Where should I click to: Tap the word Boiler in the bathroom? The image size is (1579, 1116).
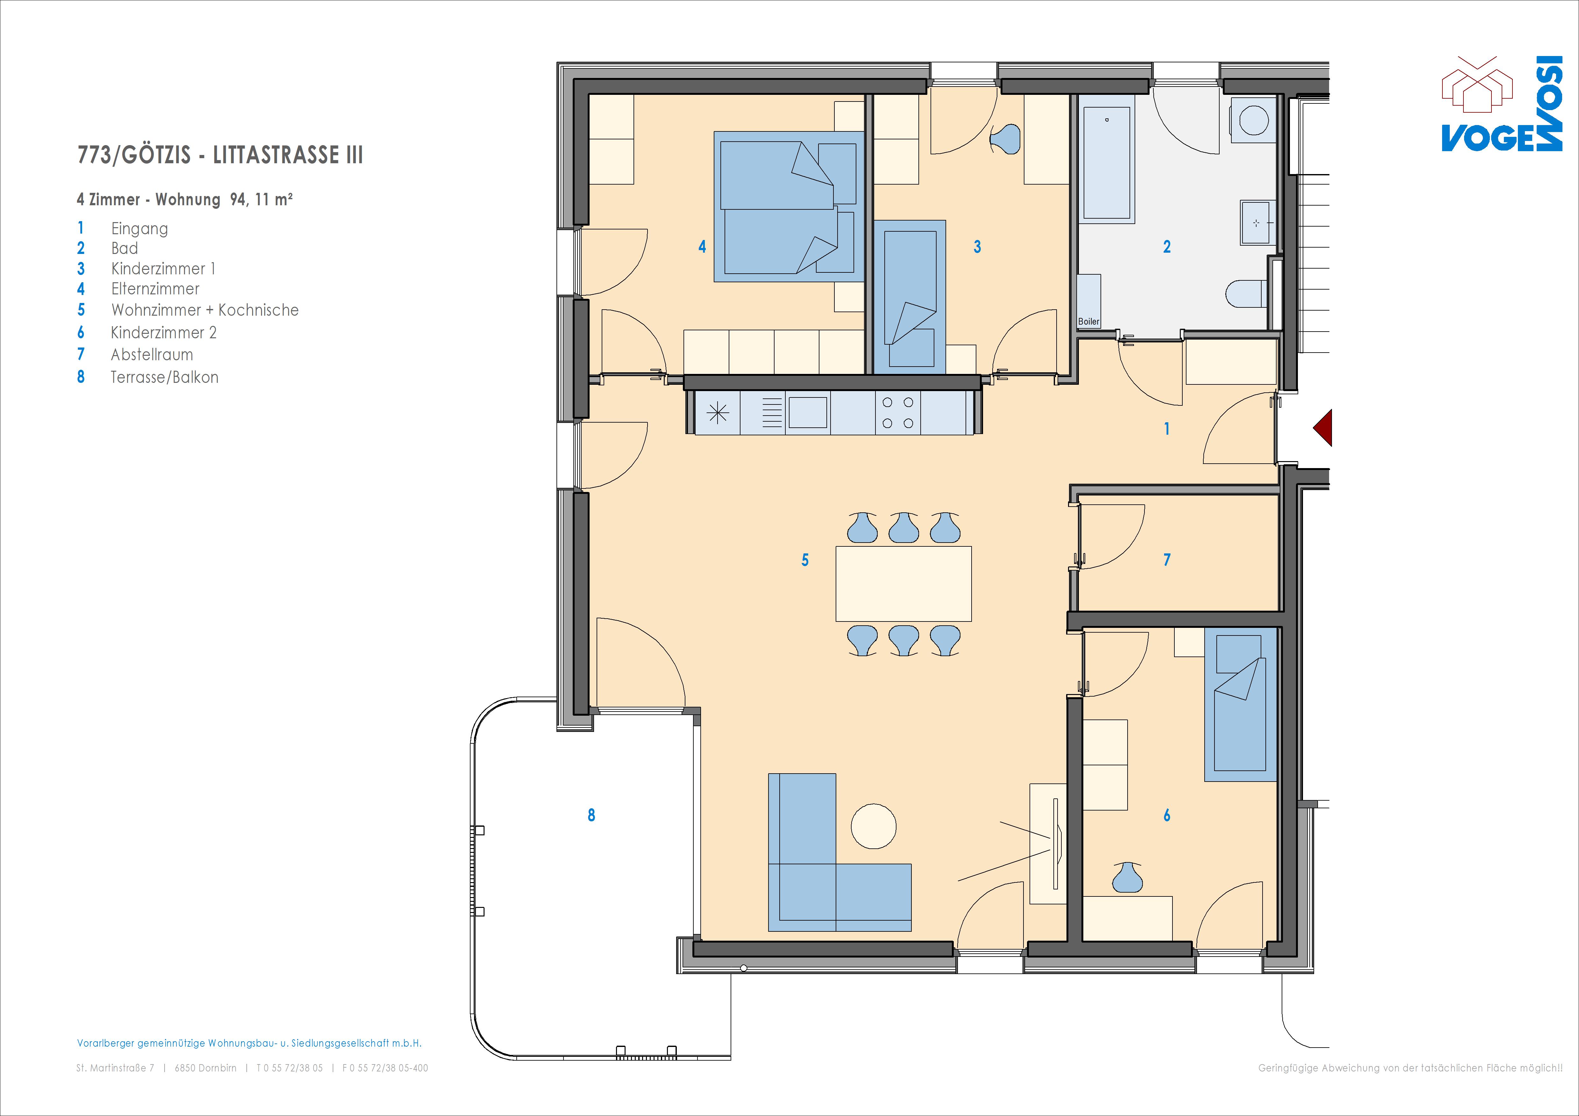click(1089, 321)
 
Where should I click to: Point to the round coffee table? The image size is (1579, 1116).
click(874, 826)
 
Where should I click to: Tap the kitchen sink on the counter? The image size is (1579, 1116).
click(807, 412)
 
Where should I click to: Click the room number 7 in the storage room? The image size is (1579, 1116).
click(1166, 560)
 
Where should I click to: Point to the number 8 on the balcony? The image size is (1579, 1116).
click(591, 815)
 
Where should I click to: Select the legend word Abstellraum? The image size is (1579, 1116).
click(152, 355)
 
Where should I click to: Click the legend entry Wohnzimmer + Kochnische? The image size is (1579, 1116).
click(205, 310)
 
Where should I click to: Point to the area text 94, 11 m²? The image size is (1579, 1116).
click(261, 200)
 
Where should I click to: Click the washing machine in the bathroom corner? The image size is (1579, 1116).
click(1253, 119)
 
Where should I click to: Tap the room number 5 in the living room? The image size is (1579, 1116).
click(805, 560)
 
